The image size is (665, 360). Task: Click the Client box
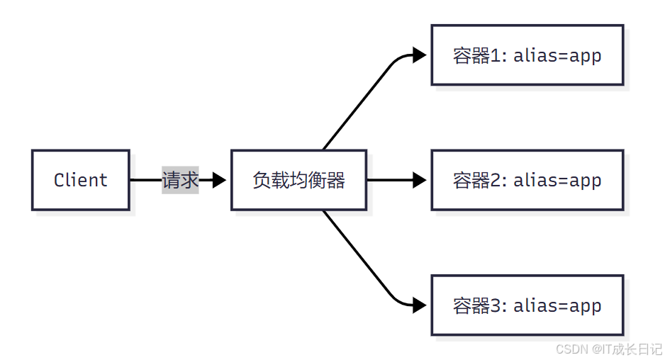tap(80, 180)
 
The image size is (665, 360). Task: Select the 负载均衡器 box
tap(298, 180)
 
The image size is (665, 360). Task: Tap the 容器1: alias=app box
tap(527, 55)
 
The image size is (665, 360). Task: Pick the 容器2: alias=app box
tap(527, 180)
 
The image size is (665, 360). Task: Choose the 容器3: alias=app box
tap(527, 305)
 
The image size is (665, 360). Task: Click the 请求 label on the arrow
tap(180, 180)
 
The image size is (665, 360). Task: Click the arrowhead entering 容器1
tap(419, 55)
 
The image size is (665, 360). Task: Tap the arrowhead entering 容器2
tap(419, 180)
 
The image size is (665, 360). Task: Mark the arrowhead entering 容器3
tap(419, 305)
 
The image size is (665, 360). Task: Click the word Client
tap(80, 180)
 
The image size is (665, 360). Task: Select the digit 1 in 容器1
tap(496, 56)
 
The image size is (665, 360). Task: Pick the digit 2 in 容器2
tap(496, 181)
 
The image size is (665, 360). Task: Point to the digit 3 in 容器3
tap(496, 306)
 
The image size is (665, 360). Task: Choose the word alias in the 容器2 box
tap(537, 181)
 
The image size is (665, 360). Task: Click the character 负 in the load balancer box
tap(261, 181)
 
